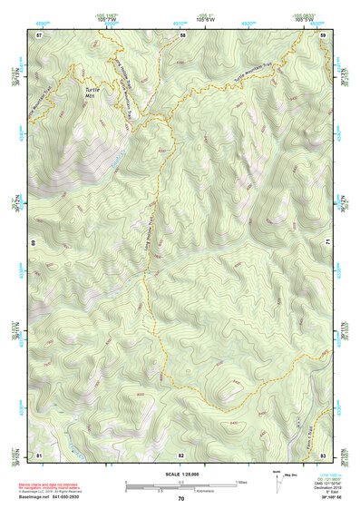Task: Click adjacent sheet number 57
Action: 39,34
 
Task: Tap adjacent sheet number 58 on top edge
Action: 182,34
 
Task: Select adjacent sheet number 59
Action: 323,34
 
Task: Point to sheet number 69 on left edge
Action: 33,243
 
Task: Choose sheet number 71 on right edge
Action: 327,243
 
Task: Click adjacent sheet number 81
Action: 39,454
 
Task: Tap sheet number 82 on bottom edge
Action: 181,454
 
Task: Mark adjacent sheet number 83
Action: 323,454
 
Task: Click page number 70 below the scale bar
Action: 181,499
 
